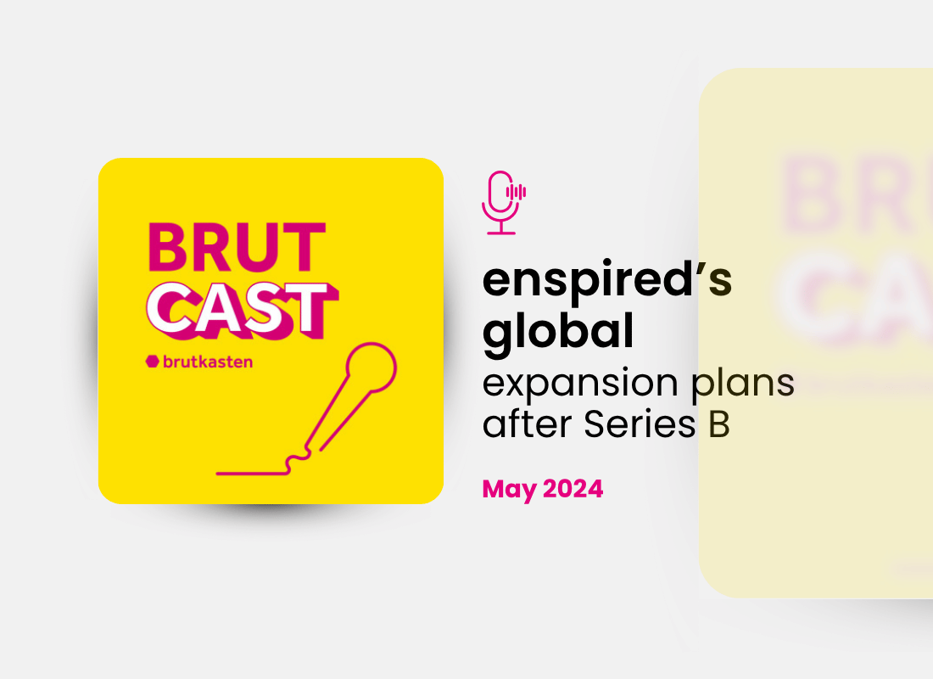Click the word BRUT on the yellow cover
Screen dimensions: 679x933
click(237, 248)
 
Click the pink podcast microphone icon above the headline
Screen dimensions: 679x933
click(500, 202)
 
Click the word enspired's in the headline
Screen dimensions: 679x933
click(607, 282)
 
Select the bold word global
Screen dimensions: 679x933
click(558, 333)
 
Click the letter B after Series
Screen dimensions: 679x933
click(718, 425)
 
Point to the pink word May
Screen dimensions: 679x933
click(508, 489)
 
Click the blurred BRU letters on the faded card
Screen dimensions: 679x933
click(848, 199)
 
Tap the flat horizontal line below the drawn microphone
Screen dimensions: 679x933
click(250, 472)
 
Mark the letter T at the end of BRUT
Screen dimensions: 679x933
click(305, 248)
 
